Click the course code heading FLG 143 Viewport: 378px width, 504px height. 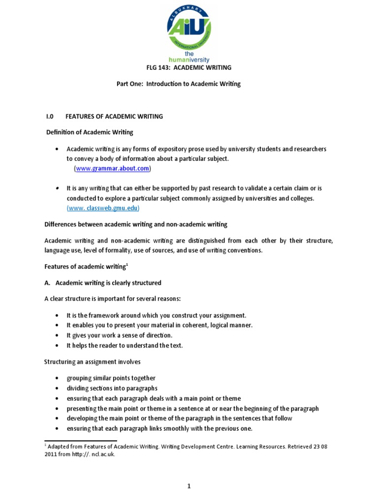tap(189, 67)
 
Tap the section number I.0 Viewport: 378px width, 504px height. tap(49, 117)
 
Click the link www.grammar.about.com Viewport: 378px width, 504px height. tap(113, 169)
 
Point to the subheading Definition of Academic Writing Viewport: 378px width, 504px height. tap(89, 132)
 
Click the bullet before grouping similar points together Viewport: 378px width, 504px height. tap(58, 378)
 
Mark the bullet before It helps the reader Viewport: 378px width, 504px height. tap(58, 346)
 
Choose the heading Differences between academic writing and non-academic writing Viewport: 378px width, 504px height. tap(136, 224)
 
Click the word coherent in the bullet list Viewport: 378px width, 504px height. tap(187, 325)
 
